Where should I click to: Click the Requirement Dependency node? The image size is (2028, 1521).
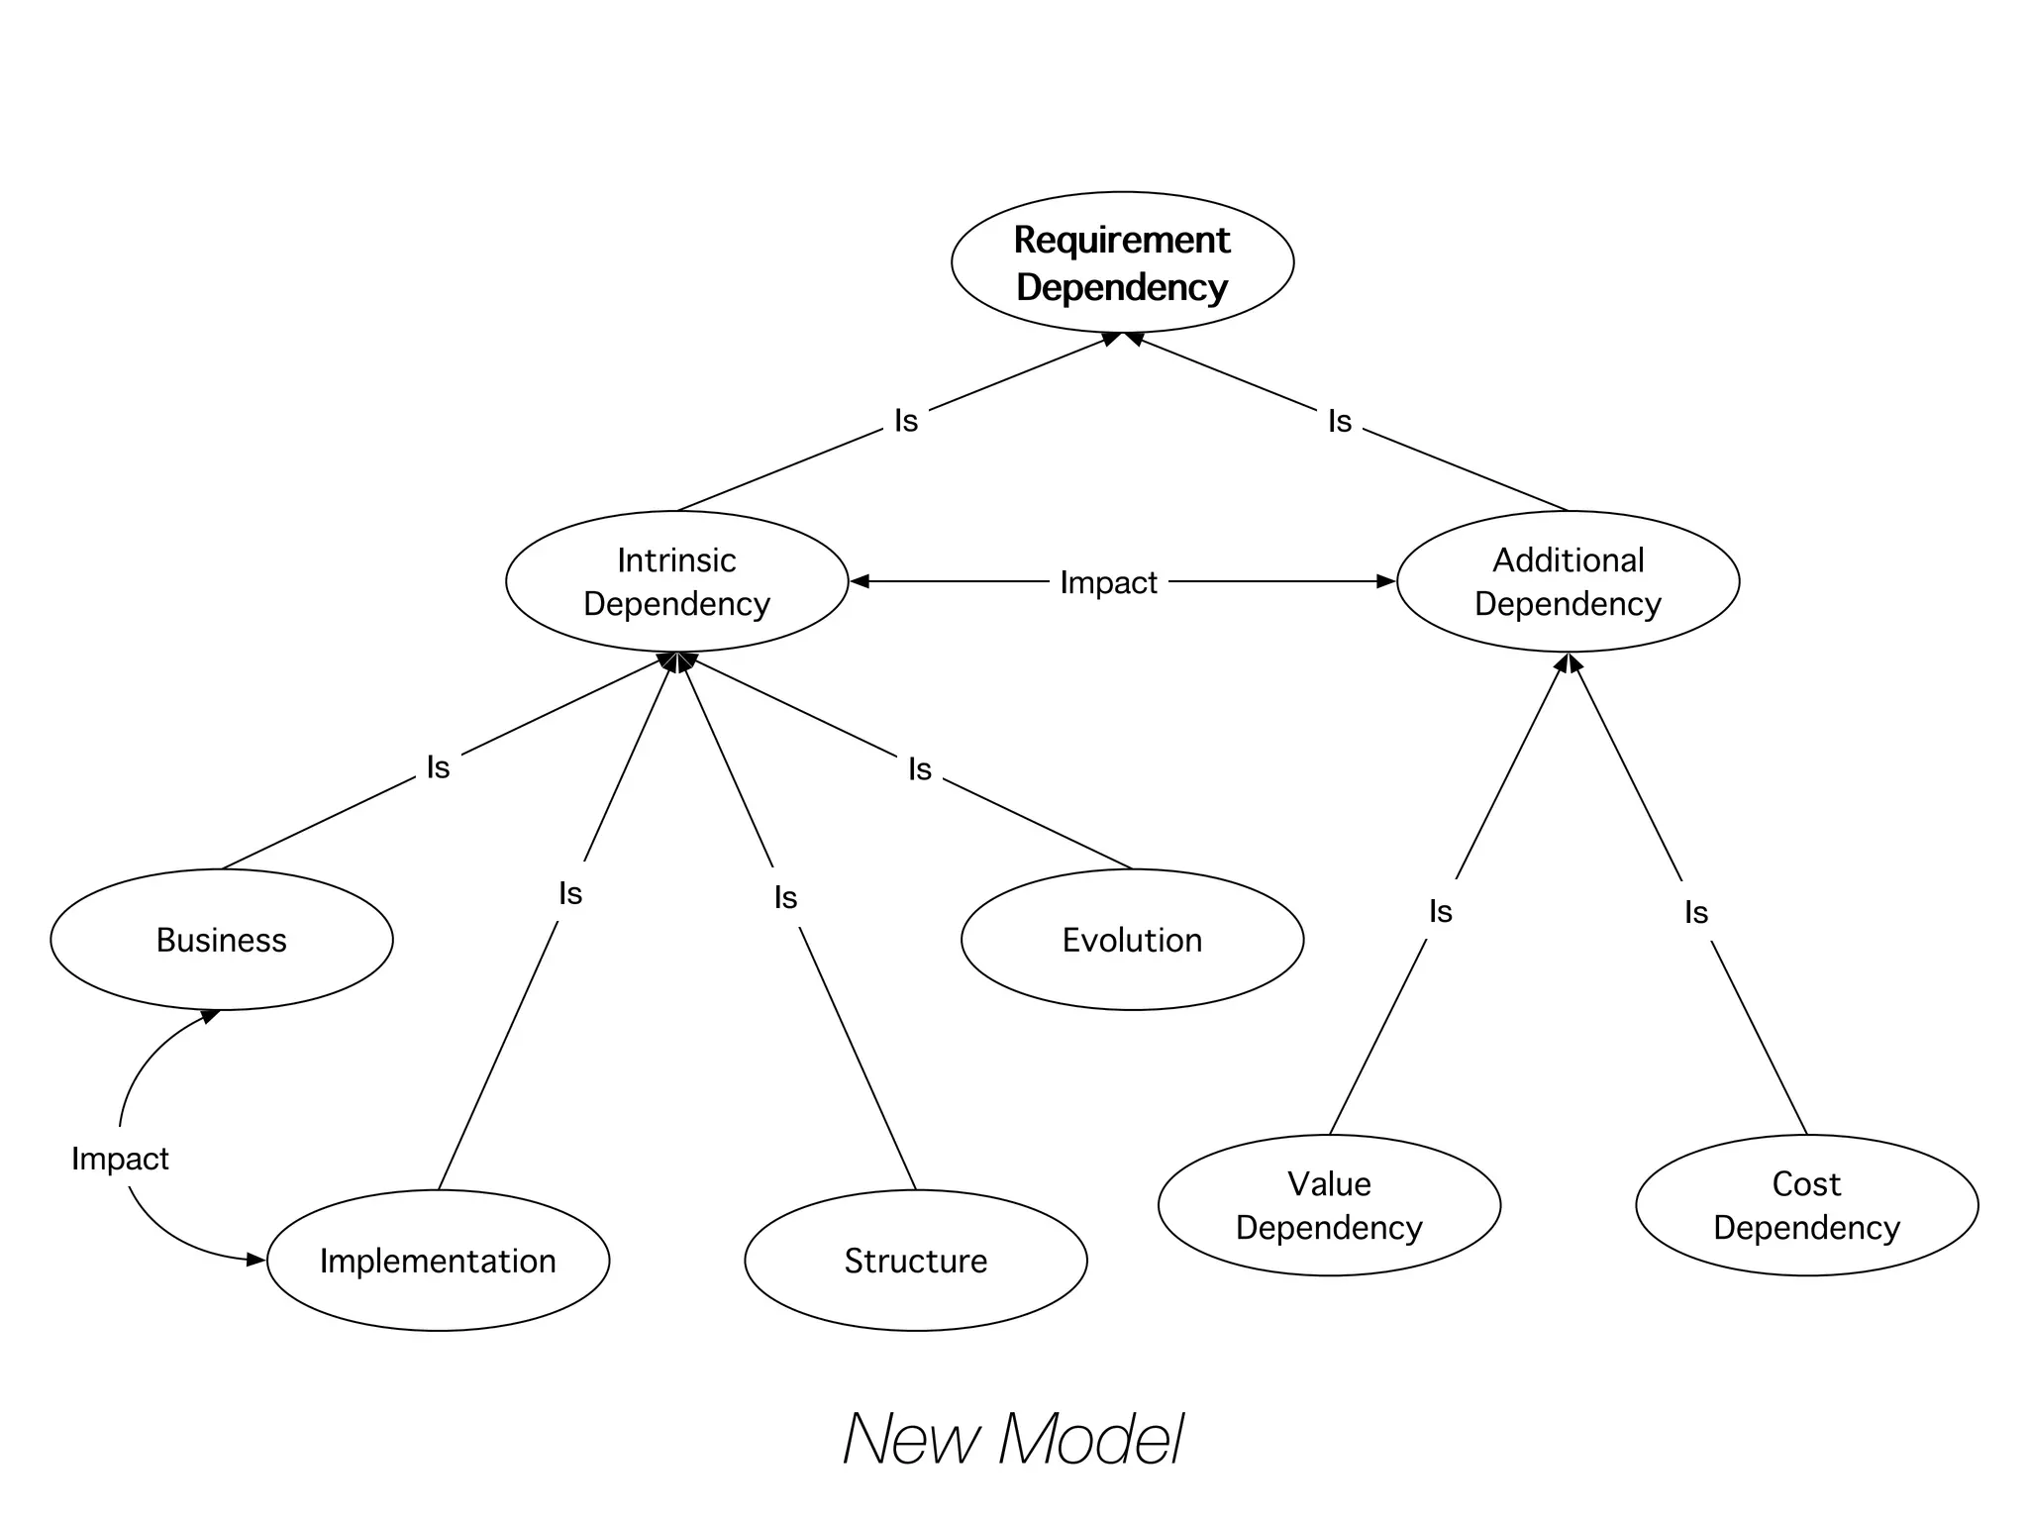(1122, 262)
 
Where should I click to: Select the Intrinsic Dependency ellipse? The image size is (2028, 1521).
(676, 581)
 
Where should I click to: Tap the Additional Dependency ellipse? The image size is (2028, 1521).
(1568, 581)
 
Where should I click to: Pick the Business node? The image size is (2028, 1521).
(221, 940)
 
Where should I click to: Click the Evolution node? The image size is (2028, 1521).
(1132, 940)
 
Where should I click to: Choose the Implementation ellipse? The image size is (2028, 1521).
(438, 1261)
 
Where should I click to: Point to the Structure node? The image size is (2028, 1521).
(915, 1261)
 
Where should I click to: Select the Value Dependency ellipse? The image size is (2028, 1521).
(1329, 1205)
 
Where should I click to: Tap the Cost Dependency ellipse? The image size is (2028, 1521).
(1806, 1205)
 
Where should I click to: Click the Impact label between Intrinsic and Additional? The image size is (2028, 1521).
(1108, 582)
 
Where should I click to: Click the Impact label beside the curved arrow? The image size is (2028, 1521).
(120, 1159)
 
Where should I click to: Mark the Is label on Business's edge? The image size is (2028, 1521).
(438, 767)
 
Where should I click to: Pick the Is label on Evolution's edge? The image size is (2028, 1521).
(920, 769)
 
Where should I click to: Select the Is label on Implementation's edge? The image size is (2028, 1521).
(570, 894)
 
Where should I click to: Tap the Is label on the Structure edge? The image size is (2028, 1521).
(785, 898)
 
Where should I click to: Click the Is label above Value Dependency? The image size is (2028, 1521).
(1441, 911)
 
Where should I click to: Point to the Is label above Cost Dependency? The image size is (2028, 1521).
(1696, 912)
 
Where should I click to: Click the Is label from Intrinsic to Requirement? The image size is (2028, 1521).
(906, 421)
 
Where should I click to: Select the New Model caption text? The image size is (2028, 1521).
(1013, 1439)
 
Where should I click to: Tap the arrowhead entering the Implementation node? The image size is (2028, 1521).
(256, 1260)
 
